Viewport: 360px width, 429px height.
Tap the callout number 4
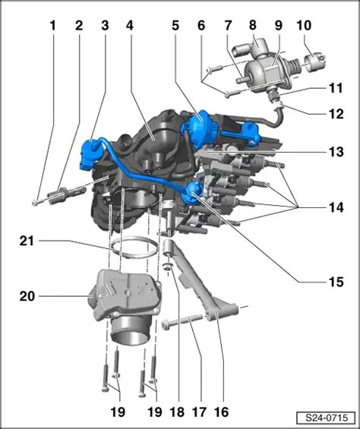pyautogui.click(x=130, y=24)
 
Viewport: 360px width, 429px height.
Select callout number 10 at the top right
pyautogui.click(x=303, y=24)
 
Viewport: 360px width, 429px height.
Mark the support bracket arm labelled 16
pyautogui.click(x=197, y=289)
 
